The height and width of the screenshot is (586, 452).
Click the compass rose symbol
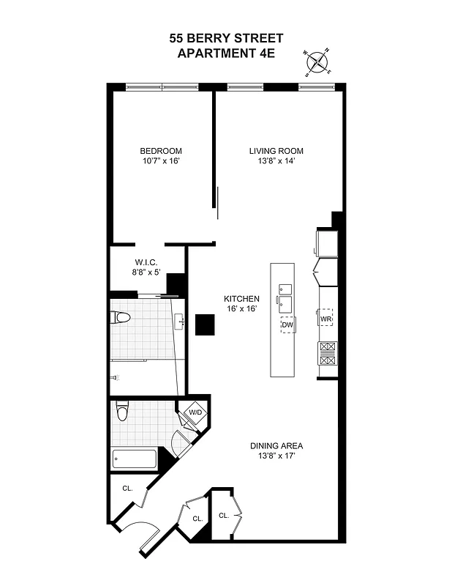[317, 64]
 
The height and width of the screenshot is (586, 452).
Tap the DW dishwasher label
[288, 324]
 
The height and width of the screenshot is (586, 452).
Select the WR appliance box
[325, 319]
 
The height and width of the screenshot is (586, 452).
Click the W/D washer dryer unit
[195, 413]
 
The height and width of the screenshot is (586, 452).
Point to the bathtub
[135, 460]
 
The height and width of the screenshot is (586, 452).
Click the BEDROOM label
[161, 152]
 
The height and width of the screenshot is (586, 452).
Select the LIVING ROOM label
[276, 152]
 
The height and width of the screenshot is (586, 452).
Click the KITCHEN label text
[241, 299]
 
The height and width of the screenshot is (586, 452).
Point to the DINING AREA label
[276, 445]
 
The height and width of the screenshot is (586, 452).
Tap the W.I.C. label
[146, 262]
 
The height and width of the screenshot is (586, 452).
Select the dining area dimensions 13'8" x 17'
[276, 456]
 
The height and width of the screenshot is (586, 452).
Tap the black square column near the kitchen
[205, 324]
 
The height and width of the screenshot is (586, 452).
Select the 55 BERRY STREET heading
[226, 39]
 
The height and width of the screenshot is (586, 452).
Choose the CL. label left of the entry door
[127, 489]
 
